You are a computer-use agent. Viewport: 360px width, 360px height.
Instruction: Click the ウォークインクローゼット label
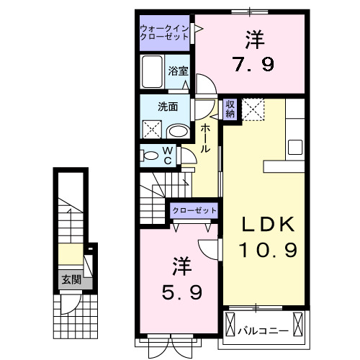165,32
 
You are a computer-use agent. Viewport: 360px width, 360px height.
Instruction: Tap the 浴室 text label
178,71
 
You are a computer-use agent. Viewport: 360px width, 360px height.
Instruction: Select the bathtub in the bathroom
153,73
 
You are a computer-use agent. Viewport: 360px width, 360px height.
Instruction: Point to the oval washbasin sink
177,131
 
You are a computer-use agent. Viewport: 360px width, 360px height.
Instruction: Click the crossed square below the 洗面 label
152,130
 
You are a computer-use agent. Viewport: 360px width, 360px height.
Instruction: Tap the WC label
166,155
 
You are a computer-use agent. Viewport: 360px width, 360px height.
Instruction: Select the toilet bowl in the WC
149,155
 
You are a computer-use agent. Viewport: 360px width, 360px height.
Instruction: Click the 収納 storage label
230,109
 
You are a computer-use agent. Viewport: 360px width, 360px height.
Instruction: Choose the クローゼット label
194,210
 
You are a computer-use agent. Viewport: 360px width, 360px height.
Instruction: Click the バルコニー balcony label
264,330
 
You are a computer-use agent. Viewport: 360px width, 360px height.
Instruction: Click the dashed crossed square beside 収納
252,109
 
